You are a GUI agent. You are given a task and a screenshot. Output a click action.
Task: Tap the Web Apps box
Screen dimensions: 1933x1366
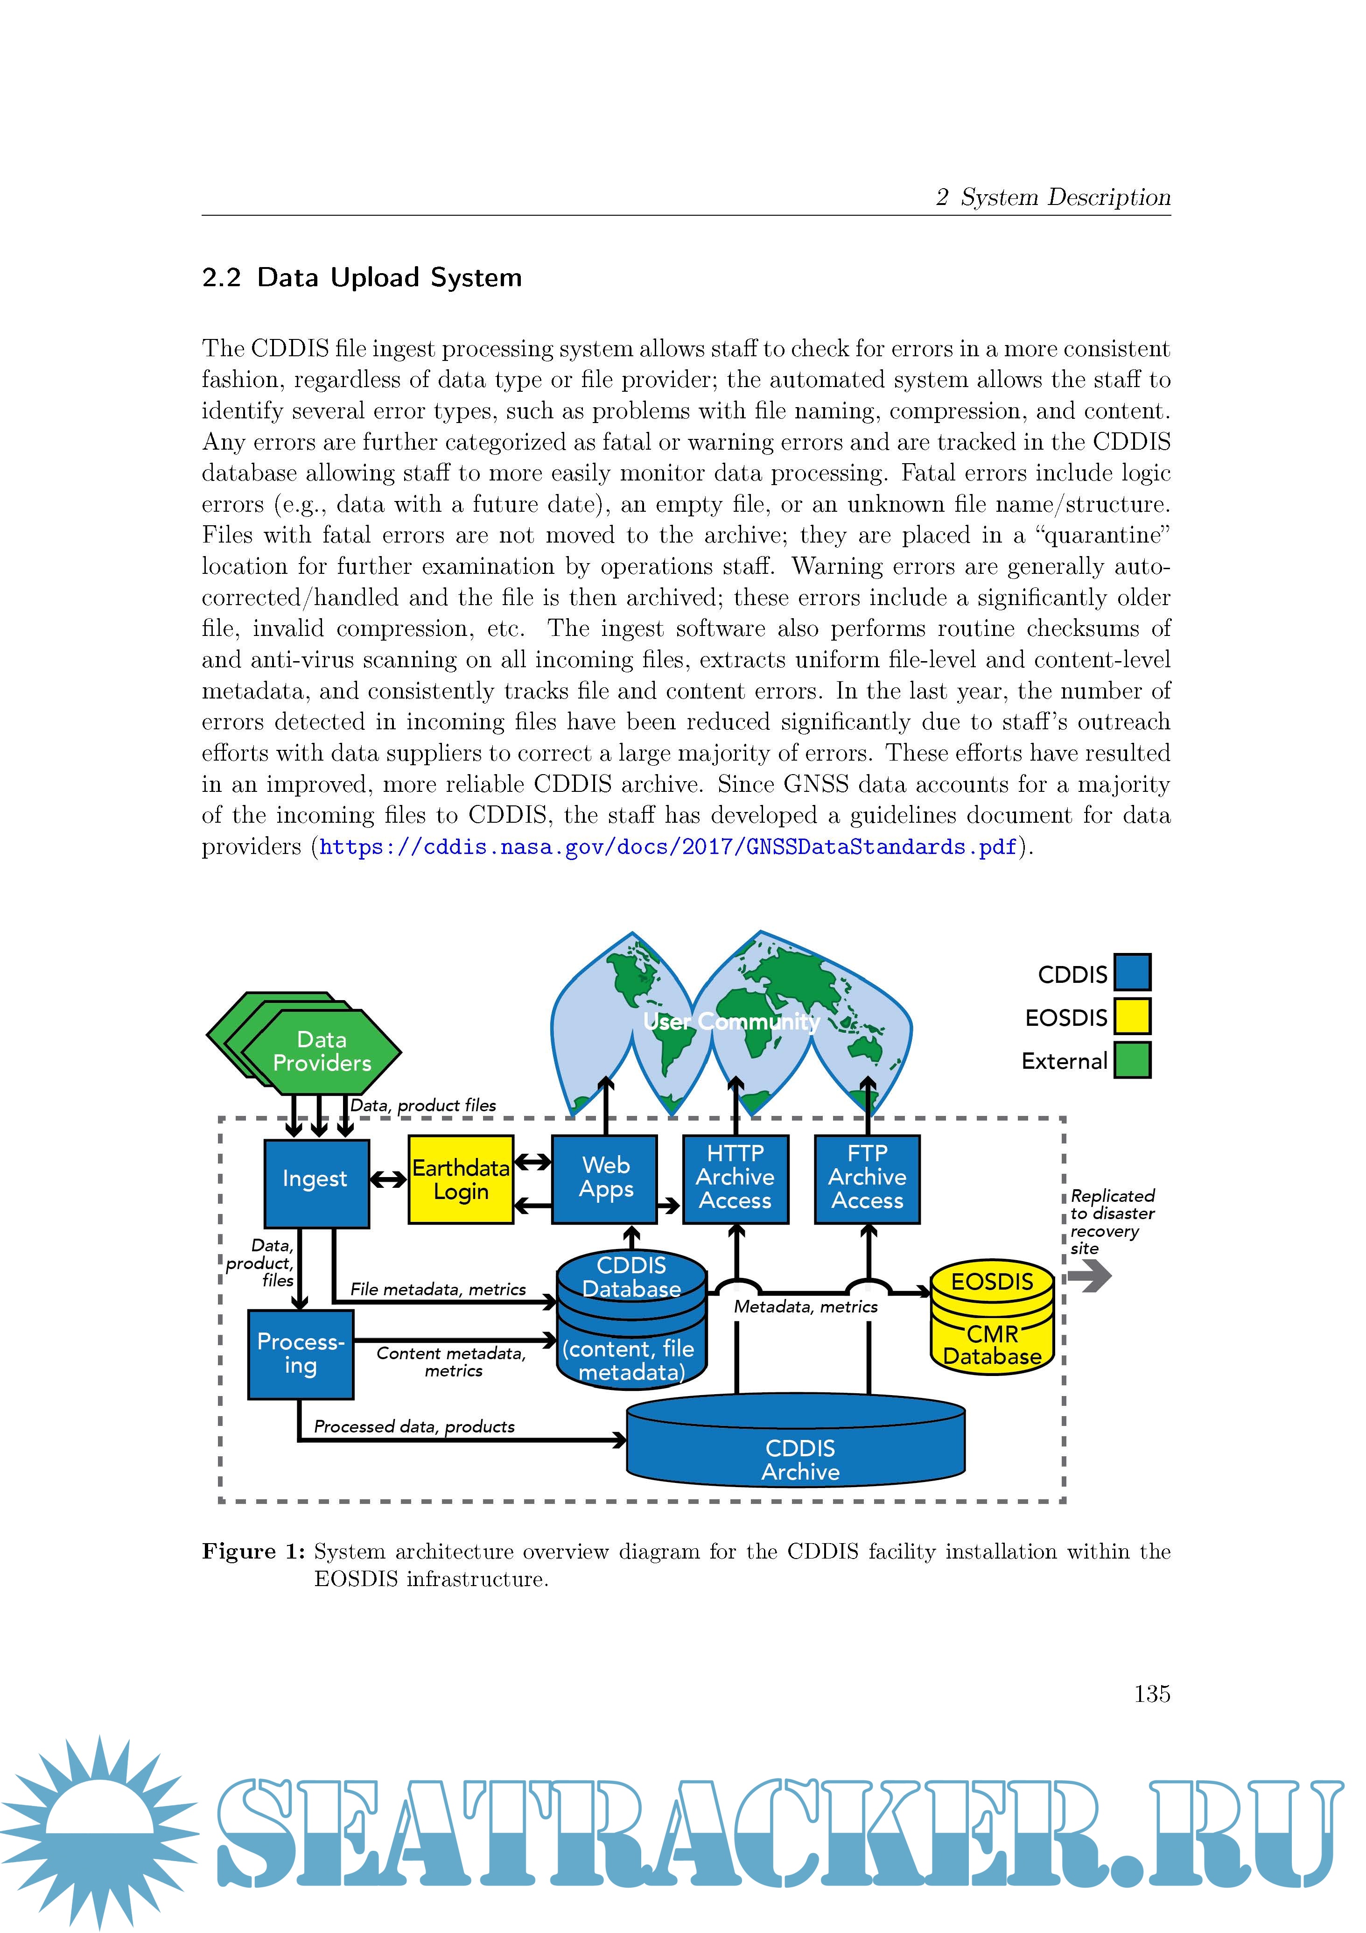click(604, 1178)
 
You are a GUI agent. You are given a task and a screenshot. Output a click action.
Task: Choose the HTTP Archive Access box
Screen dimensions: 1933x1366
click(736, 1178)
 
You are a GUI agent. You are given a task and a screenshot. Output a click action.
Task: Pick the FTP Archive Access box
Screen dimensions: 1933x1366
click(867, 1178)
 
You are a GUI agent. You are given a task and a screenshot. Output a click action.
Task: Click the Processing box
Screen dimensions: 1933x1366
click(301, 1354)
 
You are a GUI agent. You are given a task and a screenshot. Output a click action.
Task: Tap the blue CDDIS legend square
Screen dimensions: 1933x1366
click(1132, 973)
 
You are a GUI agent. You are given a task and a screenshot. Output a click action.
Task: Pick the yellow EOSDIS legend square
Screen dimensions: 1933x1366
click(1132, 1016)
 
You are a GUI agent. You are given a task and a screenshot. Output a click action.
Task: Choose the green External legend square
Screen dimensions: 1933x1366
click(1132, 1060)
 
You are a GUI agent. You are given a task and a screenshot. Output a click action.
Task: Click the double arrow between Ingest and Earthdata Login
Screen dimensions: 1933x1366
click(388, 1180)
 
